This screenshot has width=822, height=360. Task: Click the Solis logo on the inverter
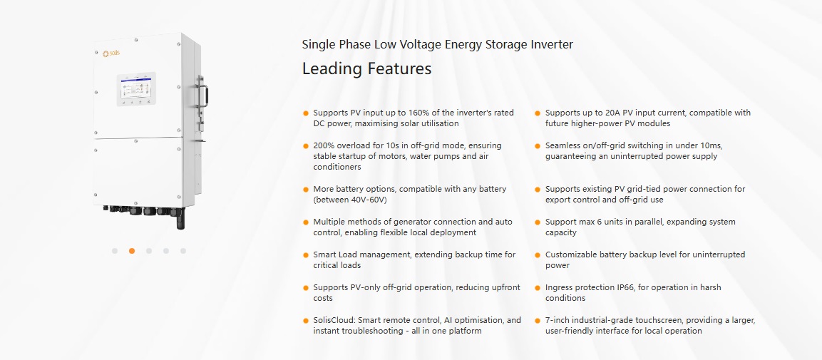(x=111, y=53)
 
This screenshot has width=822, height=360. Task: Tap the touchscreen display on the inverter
(x=135, y=88)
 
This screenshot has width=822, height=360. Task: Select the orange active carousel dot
(x=132, y=251)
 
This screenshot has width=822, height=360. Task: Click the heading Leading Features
(x=366, y=68)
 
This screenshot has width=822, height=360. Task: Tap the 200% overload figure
(x=323, y=145)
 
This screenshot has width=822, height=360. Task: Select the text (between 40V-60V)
(x=350, y=200)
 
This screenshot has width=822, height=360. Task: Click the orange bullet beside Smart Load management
(x=306, y=255)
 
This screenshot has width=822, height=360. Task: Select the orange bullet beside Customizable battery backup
(x=538, y=255)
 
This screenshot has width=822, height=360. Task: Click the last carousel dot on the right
(x=183, y=251)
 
